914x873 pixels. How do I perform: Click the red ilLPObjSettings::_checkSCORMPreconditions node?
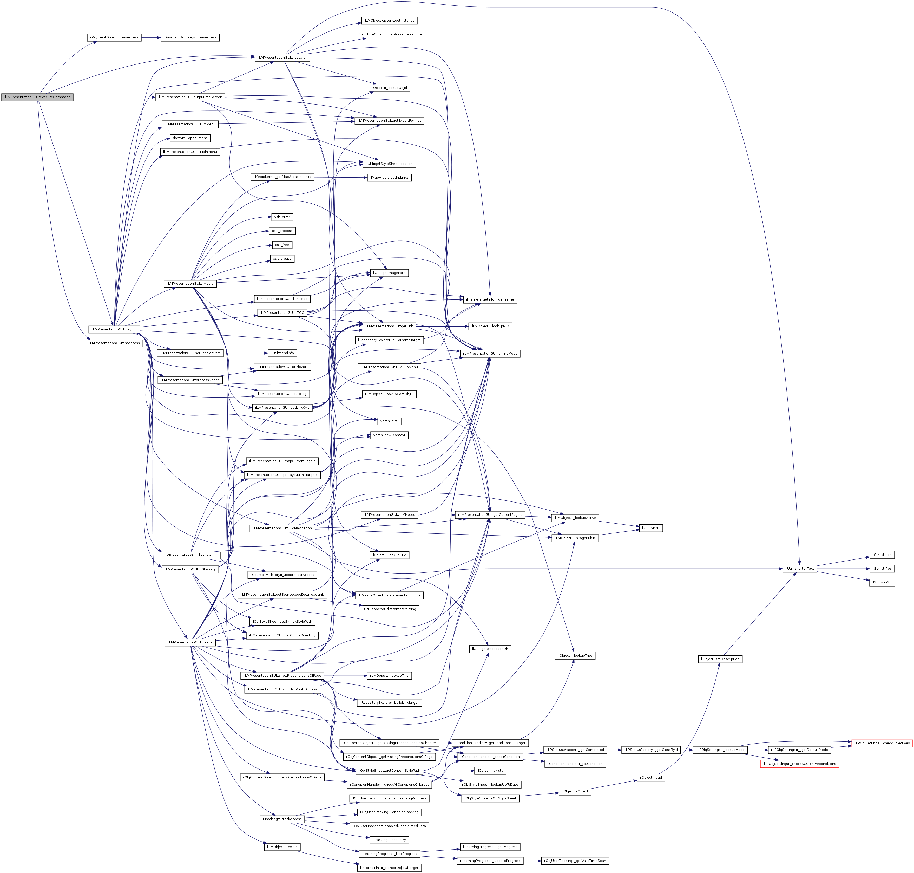[799, 764]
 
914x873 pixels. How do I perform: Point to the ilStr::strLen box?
[882, 555]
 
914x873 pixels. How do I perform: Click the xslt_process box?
[282, 231]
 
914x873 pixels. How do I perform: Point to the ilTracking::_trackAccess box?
[282, 819]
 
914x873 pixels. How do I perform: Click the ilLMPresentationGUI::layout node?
[114, 329]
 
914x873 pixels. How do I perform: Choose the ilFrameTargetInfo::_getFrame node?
[490, 299]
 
